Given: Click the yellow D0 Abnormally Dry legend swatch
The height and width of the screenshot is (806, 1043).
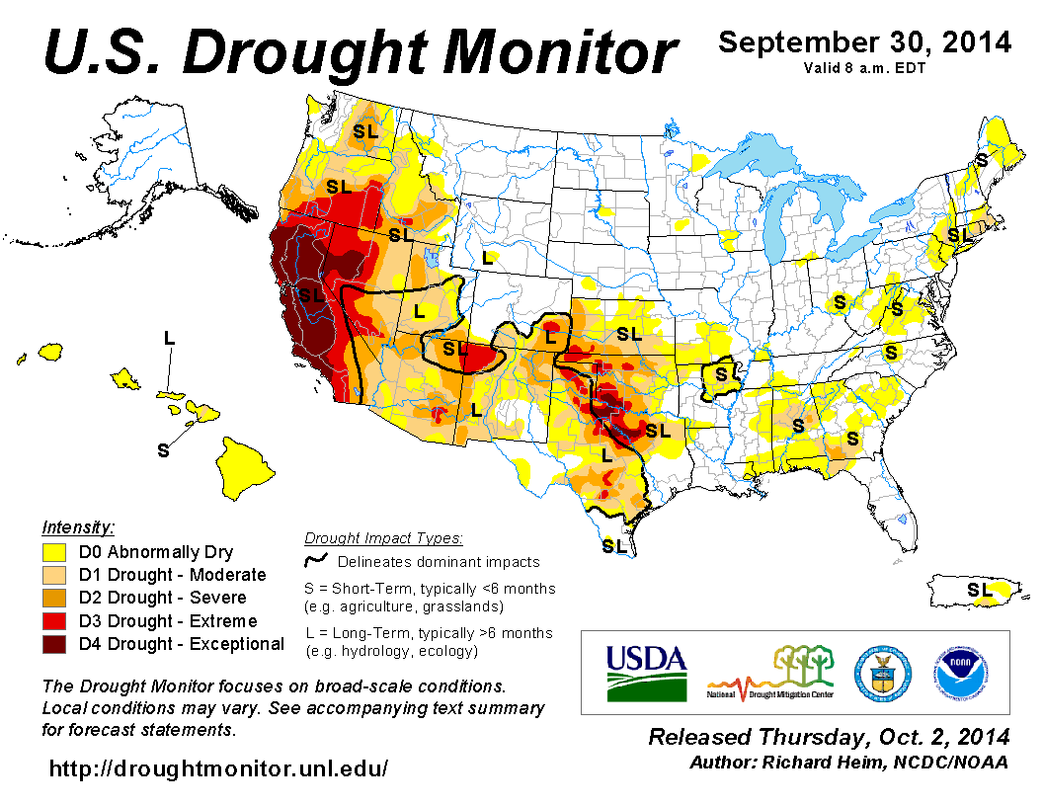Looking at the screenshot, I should click(x=54, y=552).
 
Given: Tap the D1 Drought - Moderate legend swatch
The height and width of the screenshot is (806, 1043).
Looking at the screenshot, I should click(x=54, y=575).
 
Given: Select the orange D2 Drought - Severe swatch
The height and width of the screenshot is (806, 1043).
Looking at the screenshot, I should click(x=54, y=598).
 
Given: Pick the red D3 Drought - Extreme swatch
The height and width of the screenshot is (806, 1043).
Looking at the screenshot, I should click(x=54, y=621).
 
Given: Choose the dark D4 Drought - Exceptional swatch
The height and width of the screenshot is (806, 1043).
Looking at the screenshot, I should click(x=54, y=644).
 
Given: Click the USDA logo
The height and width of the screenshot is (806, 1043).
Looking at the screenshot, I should click(x=645, y=672).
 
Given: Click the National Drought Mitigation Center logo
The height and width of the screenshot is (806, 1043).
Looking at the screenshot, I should click(x=771, y=672).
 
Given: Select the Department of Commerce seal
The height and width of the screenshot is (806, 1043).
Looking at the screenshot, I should click(x=878, y=672).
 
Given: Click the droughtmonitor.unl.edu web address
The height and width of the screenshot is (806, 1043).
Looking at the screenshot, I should click(x=218, y=768).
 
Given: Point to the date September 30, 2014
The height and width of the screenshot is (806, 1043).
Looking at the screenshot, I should click(x=864, y=42).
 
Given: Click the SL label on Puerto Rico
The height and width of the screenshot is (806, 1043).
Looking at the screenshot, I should click(x=979, y=590).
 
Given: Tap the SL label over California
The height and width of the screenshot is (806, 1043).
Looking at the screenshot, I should click(x=311, y=294).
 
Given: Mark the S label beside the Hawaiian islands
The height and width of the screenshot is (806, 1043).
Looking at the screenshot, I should click(x=164, y=450).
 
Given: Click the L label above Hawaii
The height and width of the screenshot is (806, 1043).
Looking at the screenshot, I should click(x=169, y=338).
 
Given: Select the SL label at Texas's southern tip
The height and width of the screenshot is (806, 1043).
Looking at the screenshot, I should click(x=613, y=545).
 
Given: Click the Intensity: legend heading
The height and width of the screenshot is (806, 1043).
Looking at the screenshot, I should click(x=78, y=526).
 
